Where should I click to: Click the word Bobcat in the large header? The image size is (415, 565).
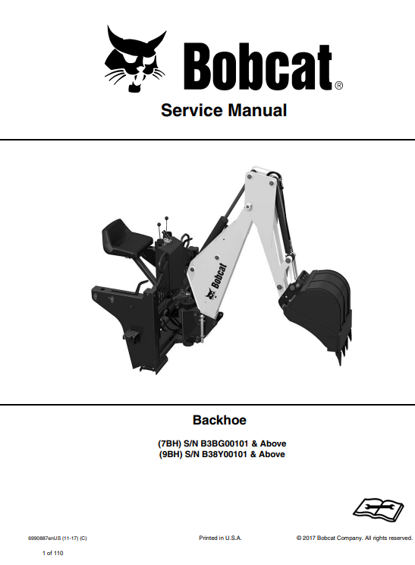click(258, 68)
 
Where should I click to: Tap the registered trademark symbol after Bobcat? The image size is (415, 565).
click(338, 85)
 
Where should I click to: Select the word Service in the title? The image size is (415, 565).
click(192, 110)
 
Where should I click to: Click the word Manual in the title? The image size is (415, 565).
click(257, 110)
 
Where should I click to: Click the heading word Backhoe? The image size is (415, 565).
click(219, 420)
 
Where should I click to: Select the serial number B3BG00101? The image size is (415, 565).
click(225, 443)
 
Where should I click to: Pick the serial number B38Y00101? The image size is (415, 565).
click(225, 454)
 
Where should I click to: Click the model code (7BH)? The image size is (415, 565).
click(169, 443)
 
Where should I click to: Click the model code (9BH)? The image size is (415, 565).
click(171, 454)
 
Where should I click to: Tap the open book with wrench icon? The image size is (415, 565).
click(378, 509)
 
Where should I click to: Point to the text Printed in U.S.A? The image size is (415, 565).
click(220, 538)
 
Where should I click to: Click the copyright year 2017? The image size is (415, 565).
click(309, 538)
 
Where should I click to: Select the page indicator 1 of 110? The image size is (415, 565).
click(52, 553)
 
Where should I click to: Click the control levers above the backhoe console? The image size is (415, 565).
click(162, 228)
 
